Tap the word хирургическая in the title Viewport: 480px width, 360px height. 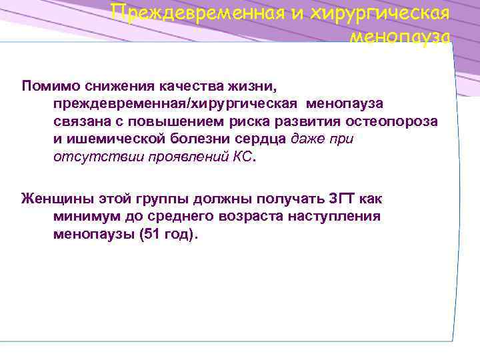[377, 12]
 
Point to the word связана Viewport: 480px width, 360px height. [77, 121]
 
